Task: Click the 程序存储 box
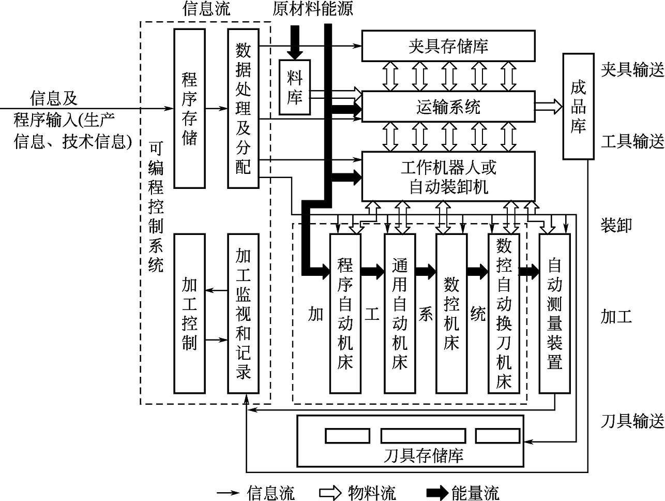pos(189,109)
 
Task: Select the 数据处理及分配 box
pos(243,109)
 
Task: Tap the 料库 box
pos(295,87)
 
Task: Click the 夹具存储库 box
pos(448,46)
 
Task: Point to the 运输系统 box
pos(448,107)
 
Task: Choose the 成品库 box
pos(578,106)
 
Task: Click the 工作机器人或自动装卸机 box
pos(448,176)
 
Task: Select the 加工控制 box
pos(189,314)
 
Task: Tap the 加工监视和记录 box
pos(243,314)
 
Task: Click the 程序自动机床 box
pos(345,314)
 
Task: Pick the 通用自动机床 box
pos(399,314)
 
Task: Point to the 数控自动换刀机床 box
pos(504,314)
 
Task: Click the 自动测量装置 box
pos(554,314)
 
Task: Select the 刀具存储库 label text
pos(424,455)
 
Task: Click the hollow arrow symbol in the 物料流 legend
pos(331,493)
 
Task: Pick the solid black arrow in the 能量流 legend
pos(437,493)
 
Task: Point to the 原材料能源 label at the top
pos(312,9)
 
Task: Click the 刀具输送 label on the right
pos(632,421)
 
